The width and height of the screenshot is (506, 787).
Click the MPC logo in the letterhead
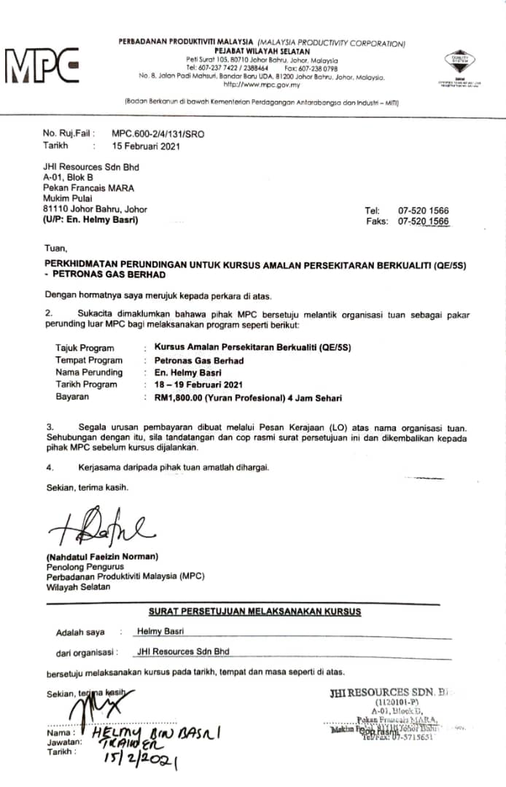42,66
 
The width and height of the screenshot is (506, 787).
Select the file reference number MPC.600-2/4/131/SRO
157,134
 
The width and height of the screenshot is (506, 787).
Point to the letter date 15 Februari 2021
146,145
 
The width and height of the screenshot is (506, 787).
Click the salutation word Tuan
55,248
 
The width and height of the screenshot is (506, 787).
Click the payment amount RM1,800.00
179,397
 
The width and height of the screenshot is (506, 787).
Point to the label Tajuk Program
85,348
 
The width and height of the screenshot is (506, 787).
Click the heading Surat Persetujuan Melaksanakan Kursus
254,611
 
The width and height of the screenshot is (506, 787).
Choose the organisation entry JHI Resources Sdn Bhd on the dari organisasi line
183,651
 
